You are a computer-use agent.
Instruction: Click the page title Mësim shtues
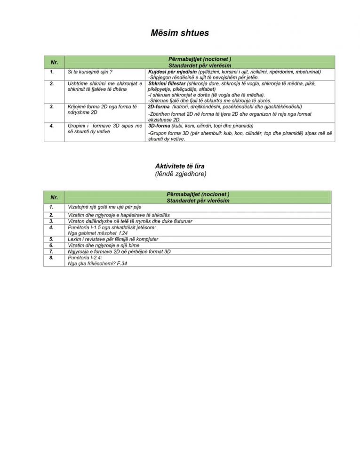coord(180,33)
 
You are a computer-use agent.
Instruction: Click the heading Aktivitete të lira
coord(180,166)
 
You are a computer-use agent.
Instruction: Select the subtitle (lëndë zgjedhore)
coord(180,174)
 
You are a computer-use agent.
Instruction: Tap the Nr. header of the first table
coord(54,62)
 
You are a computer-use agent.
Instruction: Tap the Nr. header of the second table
coord(54,197)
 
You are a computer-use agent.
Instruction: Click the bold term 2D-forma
coord(159,107)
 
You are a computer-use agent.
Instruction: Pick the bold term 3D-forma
coord(159,126)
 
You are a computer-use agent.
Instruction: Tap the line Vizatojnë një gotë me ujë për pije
coord(104,207)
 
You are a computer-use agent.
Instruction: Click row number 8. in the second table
coord(51,257)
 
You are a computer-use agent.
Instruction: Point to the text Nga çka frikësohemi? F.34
coord(97,264)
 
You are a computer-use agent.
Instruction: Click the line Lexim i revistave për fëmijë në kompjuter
coord(113,239)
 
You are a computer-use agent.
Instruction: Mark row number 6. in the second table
coord(51,245)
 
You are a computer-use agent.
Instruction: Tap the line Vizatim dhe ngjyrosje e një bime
coord(104,245)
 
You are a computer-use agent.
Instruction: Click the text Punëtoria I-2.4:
coord(85,257)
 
